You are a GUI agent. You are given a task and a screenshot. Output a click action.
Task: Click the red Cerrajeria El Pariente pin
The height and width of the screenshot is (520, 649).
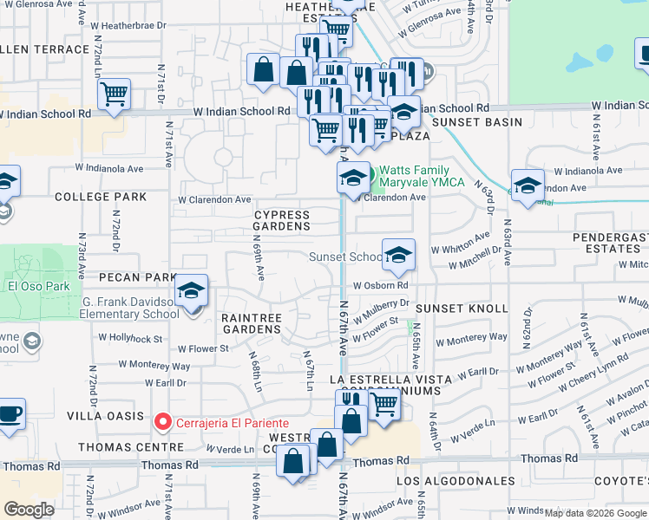click(x=161, y=422)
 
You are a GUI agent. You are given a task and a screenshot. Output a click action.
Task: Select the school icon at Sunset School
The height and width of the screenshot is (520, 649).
click(x=398, y=255)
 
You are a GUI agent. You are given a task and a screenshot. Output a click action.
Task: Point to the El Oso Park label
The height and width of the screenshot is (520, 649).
click(x=32, y=287)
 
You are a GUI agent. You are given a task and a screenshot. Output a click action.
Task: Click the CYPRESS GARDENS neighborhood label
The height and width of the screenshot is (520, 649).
click(x=281, y=220)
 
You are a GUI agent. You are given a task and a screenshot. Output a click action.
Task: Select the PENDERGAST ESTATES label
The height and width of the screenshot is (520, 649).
click(x=610, y=243)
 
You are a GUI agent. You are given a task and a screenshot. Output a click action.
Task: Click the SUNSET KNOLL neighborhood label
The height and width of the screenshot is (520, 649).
click(x=461, y=309)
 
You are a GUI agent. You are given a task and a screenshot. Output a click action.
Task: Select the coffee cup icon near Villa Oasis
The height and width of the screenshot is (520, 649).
click(x=10, y=413)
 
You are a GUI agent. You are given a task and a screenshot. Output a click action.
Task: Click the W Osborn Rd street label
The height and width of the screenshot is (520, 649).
click(x=380, y=286)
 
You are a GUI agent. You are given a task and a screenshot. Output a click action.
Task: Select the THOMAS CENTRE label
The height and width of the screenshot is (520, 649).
click(x=131, y=447)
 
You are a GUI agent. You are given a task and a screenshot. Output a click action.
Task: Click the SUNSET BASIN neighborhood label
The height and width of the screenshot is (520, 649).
click(x=477, y=122)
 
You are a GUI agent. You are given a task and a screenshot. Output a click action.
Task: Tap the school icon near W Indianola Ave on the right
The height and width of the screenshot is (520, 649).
click(x=527, y=185)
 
